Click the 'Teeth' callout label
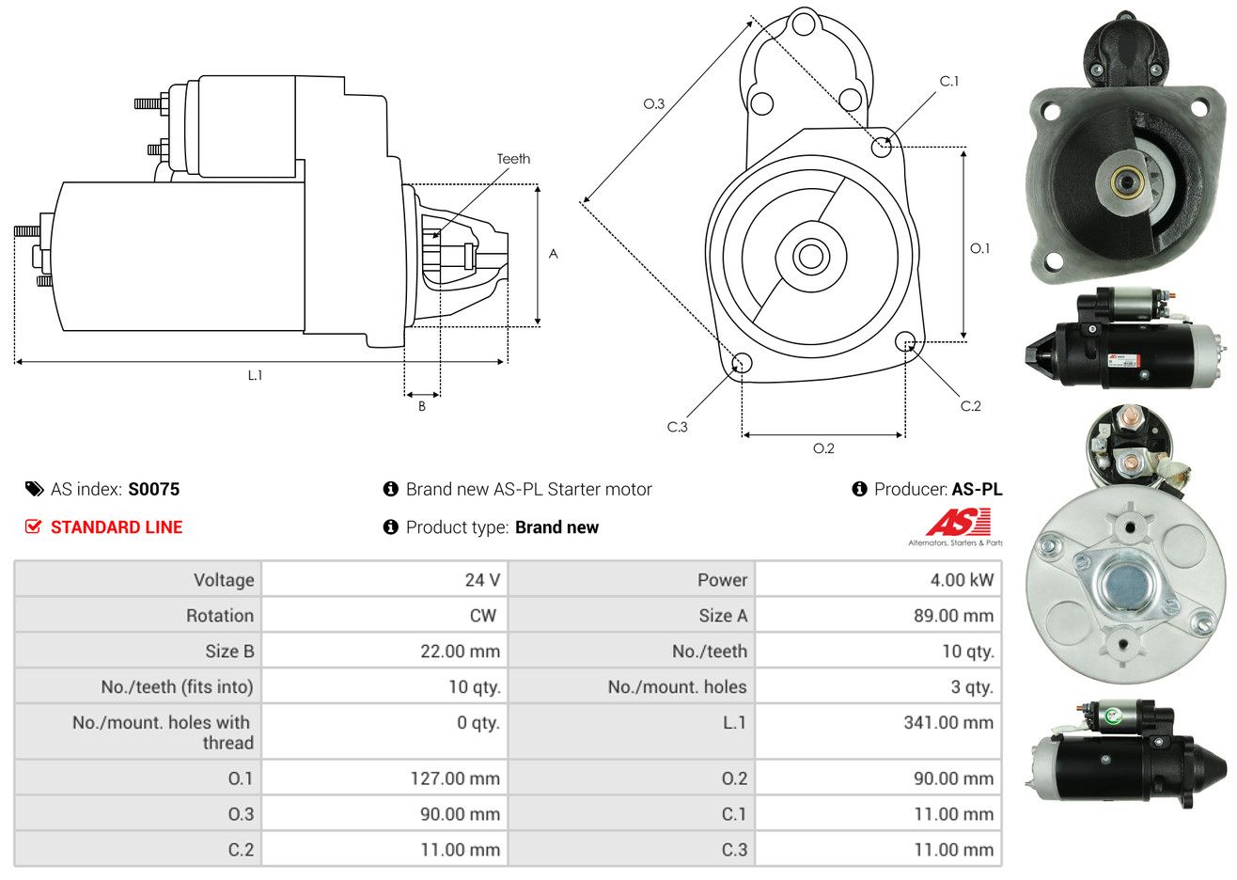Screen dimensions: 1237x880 pyautogui.click(x=513, y=159)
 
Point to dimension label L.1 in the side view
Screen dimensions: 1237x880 pyautogui.click(x=255, y=376)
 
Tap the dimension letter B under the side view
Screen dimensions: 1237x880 pyautogui.click(x=422, y=406)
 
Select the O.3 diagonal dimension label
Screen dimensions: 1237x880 pyautogui.click(x=654, y=103)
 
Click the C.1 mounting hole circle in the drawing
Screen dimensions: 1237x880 pyautogui.click(x=882, y=147)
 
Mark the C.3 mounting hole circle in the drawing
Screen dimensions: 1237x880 pyautogui.click(x=742, y=363)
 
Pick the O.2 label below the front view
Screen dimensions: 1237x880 pyautogui.click(x=823, y=448)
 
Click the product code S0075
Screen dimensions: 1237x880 pyautogui.click(x=154, y=490)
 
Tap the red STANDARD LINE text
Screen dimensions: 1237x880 pyautogui.click(x=117, y=527)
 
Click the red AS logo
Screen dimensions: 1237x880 pyautogui.click(x=958, y=522)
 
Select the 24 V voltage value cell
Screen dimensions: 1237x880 pyautogui.click(x=384, y=579)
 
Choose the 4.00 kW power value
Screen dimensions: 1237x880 pyautogui.click(x=962, y=580)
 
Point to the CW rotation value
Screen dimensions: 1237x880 pyautogui.click(x=482, y=616)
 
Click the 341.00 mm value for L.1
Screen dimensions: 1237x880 pyautogui.click(x=948, y=723)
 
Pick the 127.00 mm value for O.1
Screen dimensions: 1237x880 pyautogui.click(x=455, y=778)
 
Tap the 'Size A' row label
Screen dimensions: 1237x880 pyautogui.click(x=723, y=616)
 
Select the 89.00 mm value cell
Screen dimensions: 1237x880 pyautogui.click(x=878, y=616)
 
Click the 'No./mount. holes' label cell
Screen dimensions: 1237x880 pyautogui.click(x=632, y=686)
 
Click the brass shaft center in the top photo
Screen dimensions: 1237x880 pyautogui.click(x=1122, y=181)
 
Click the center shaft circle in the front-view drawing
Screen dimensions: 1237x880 pyautogui.click(x=810, y=257)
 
